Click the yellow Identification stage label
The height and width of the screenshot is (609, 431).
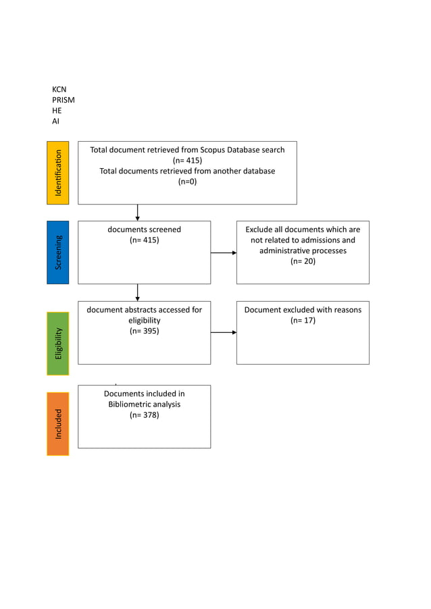(x=57, y=172)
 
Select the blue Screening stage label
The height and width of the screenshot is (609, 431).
(x=57, y=252)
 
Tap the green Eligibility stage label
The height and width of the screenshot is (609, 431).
(x=57, y=343)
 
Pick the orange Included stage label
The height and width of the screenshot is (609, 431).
(x=57, y=423)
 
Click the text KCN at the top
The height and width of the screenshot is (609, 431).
(x=59, y=89)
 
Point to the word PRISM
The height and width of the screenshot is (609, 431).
(x=64, y=100)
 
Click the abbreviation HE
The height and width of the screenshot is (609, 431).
(x=57, y=111)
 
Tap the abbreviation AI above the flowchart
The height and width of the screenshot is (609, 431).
(x=55, y=122)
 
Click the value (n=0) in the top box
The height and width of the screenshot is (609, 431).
(x=187, y=182)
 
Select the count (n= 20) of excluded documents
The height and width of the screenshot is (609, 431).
(x=303, y=261)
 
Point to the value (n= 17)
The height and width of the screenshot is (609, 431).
(x=303, y=321)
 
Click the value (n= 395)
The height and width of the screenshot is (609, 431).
(x=144, y=332)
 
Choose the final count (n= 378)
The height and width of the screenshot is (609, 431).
(x=144, y=415)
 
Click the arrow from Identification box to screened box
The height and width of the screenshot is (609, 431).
(x=138, y=213)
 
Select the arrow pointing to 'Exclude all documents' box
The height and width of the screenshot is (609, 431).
(x=224, y=253)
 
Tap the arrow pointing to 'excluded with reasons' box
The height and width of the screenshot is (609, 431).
(x=224, y=332)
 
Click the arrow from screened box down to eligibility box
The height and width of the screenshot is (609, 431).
(x=138, y=292)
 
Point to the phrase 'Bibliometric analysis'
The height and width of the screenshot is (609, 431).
(x=144, y=404)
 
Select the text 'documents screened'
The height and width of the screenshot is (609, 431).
(x=144, y=230)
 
